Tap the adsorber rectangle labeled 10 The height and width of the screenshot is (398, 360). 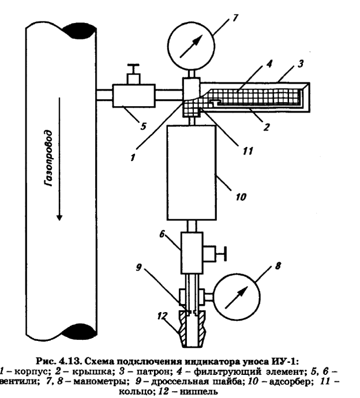click(191, 174)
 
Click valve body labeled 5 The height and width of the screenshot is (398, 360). click(133, 93)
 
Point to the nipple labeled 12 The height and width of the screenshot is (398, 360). click(190, 328)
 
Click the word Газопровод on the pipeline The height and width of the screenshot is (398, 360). click(51, 160)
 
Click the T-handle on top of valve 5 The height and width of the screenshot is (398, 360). click(134, 68)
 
